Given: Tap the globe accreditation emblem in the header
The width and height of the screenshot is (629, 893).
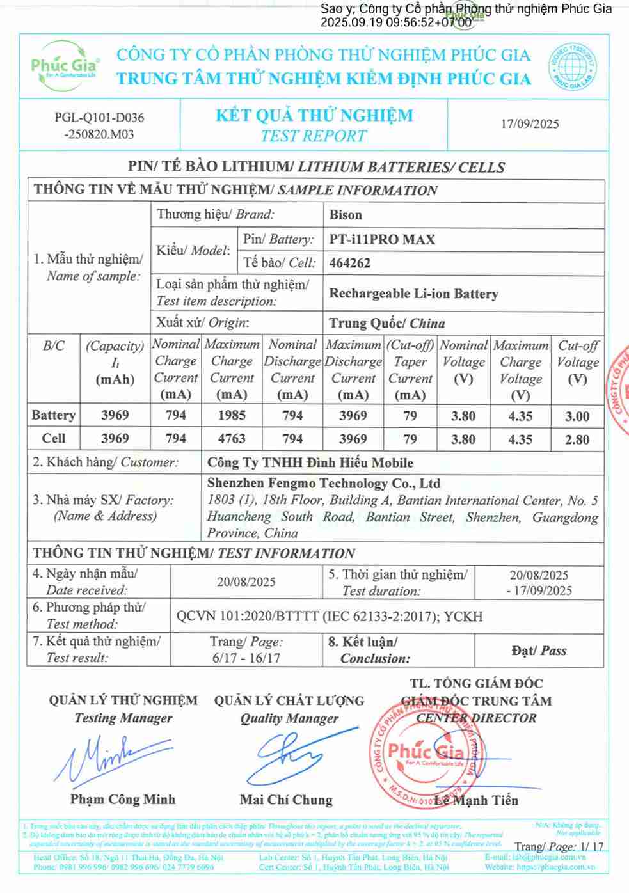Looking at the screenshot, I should [572, 66].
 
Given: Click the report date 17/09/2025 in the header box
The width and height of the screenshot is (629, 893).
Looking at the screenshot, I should [529, 124].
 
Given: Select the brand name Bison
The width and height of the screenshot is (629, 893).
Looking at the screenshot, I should [346, 215].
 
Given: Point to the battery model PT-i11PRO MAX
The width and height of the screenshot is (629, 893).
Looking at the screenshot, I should [382, 240].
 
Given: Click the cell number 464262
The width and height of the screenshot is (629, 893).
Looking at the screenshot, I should [349, 263].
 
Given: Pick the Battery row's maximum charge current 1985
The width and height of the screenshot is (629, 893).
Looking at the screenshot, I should [232, 415].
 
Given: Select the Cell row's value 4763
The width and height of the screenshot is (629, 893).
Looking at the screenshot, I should [232, 439].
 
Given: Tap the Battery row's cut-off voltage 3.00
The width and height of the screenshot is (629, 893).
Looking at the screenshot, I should [577, 416].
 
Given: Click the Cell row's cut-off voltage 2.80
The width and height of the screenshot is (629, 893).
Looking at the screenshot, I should [577, 439].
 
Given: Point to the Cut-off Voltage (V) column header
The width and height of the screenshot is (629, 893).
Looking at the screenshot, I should [577, 362].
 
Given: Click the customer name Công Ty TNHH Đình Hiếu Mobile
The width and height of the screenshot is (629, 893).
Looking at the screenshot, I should [310, 462].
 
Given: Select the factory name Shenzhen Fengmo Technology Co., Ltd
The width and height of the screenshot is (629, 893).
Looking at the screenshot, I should [323, 484].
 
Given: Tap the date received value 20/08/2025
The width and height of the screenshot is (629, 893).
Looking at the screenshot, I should [246, 582].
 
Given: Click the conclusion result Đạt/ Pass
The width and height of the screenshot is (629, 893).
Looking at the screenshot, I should [539, 651].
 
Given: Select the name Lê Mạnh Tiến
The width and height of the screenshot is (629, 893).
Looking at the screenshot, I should [476, 800].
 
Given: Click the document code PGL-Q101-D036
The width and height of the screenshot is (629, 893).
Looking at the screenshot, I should [99, 117].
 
